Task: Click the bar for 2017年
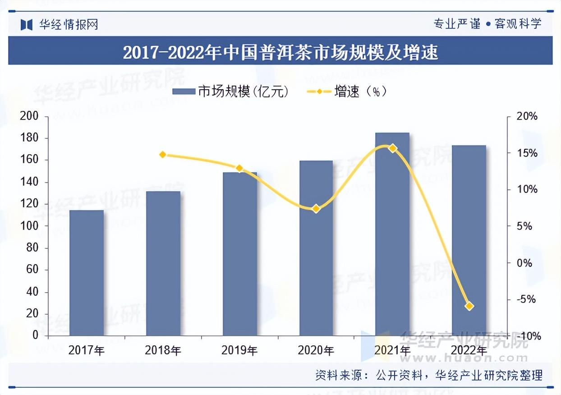tap(87, 273)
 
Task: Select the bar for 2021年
tap(392, 234)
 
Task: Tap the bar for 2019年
tap(239, 254)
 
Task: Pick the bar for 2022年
tap(469, 240)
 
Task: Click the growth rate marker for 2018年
tap(163, 155)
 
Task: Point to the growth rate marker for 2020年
tap(316, 208)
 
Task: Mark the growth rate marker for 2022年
tap(469, 306)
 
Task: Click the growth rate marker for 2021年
tap(392, 148)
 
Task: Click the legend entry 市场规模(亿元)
tap(230, 92)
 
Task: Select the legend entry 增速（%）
tap(347, 92)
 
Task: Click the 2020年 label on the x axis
tap(316, 350)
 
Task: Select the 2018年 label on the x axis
tap(163, 350)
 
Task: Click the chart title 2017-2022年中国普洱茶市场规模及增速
tap(280, 53)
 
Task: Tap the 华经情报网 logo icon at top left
tap(27, 24)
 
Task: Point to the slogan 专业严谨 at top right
tap(457, 23)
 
